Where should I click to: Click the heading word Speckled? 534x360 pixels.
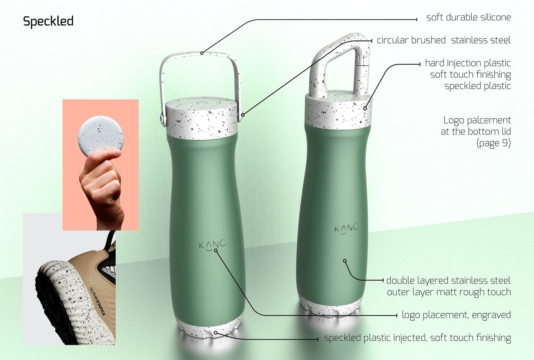[x=48, y=22]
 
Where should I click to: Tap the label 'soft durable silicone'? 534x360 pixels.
[x=468, y=17]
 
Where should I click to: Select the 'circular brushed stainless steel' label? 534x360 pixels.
[x=444, y=40]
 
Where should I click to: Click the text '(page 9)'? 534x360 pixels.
[x=494, y=143]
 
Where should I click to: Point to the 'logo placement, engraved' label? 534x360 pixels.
[x=456, y=315]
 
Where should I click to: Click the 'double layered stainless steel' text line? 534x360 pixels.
[x=448, y=281]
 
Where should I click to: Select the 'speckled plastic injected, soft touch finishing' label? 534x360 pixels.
[x=418, y=338]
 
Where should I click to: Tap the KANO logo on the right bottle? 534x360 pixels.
[x=346, y=229]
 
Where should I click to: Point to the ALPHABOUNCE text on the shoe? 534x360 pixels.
[x=97, y=301]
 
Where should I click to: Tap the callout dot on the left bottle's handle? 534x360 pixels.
[x=202, y=53]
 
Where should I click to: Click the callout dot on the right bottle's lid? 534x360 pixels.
[x=365, y=108]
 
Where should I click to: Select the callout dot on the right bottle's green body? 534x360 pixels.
[x=345, y=261]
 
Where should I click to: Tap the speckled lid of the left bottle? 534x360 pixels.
[x=202, y=118]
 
